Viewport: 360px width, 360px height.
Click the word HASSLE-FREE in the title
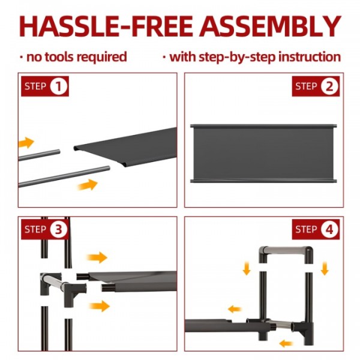[x=106, y=26]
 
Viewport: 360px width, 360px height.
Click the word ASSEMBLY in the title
[x=270, y=26]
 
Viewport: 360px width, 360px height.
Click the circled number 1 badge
[x=59, y=86]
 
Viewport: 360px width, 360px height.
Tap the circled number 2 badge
[x=329, y=86]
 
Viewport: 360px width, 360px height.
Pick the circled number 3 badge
[x=59, y=230]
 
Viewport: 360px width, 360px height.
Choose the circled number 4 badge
[x=329, y=230]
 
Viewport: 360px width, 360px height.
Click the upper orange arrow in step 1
[x=26, y=143]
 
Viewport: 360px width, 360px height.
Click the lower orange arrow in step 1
[x=88, y=185]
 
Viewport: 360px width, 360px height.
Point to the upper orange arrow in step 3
[x=97, y=257]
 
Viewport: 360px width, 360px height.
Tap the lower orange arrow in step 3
[x=100, y=306]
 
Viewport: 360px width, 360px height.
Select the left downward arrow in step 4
[x=247, y=269]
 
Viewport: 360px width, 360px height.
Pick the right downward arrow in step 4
[x=325, y=269]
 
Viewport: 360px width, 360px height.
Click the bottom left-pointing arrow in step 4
[x=286, y=344]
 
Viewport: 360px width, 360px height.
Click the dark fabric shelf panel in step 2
[x=263, y=154]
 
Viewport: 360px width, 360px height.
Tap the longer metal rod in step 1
[x=64, y=176]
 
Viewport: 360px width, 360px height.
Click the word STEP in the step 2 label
[x=306, y=86]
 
